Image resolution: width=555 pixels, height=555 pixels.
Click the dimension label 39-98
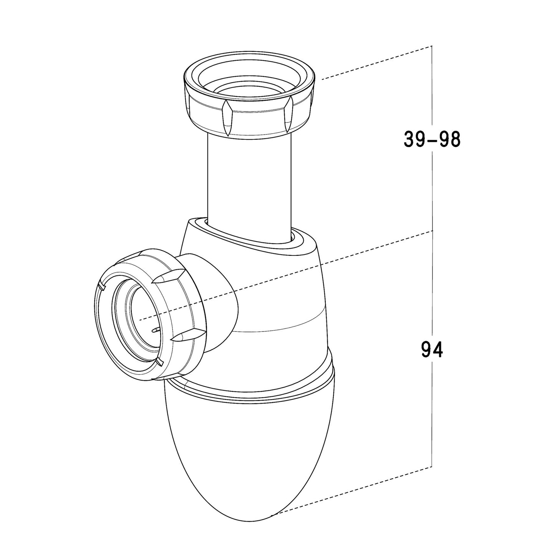click(x=432, y=139)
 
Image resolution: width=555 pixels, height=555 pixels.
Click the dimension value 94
click(x=432, y=349)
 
